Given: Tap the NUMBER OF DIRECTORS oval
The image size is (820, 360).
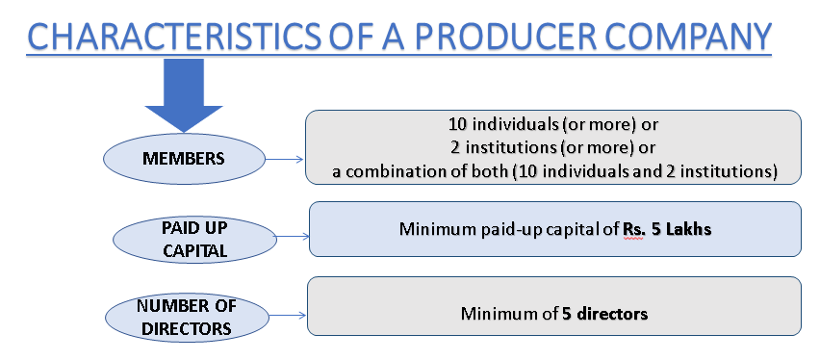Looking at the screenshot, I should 186,316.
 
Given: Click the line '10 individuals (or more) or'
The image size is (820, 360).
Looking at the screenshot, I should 552,125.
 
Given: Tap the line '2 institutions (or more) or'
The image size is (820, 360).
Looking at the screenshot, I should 552,148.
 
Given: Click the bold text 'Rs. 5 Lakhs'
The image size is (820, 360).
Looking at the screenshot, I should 667,230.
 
